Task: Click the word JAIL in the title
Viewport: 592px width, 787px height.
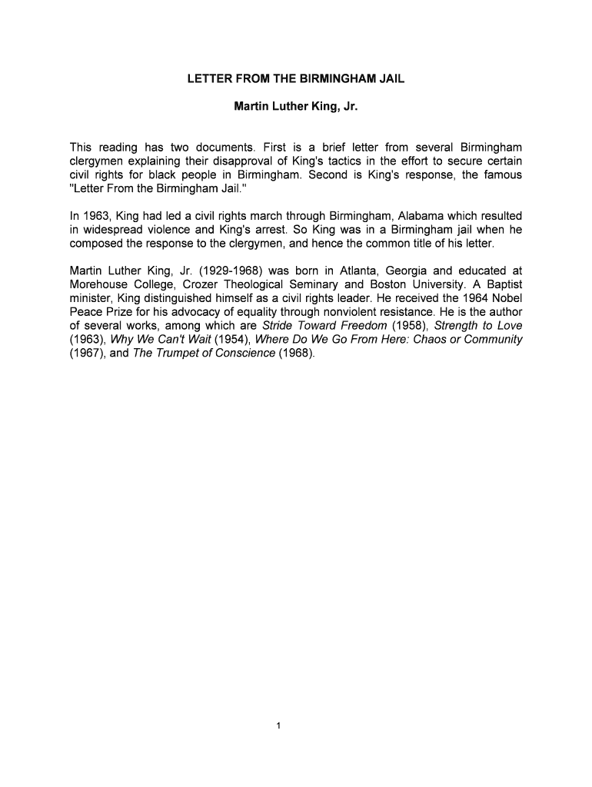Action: [389, 79]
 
